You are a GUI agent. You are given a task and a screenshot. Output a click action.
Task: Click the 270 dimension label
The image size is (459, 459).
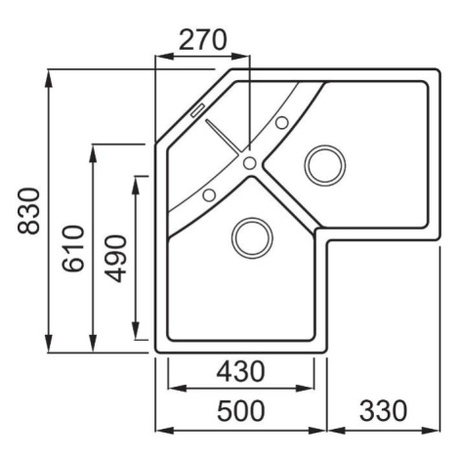tap(202, 40)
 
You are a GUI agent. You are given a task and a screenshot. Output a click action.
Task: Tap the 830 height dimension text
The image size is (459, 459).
tap(28, 211)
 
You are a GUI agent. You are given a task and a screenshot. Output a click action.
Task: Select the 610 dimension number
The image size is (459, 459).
tap(73, 248)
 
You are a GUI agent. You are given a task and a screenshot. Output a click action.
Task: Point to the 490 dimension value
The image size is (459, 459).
tap(116, 259)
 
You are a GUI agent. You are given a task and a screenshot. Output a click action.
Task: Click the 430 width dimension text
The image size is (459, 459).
tap(241, 372)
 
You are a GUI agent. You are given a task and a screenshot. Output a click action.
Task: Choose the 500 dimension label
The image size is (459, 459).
tap(241, 411)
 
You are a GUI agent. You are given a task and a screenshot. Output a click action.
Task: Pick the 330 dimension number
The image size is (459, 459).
tap(383, 410)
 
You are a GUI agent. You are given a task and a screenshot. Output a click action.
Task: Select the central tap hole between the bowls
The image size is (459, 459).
tap(250, 163)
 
